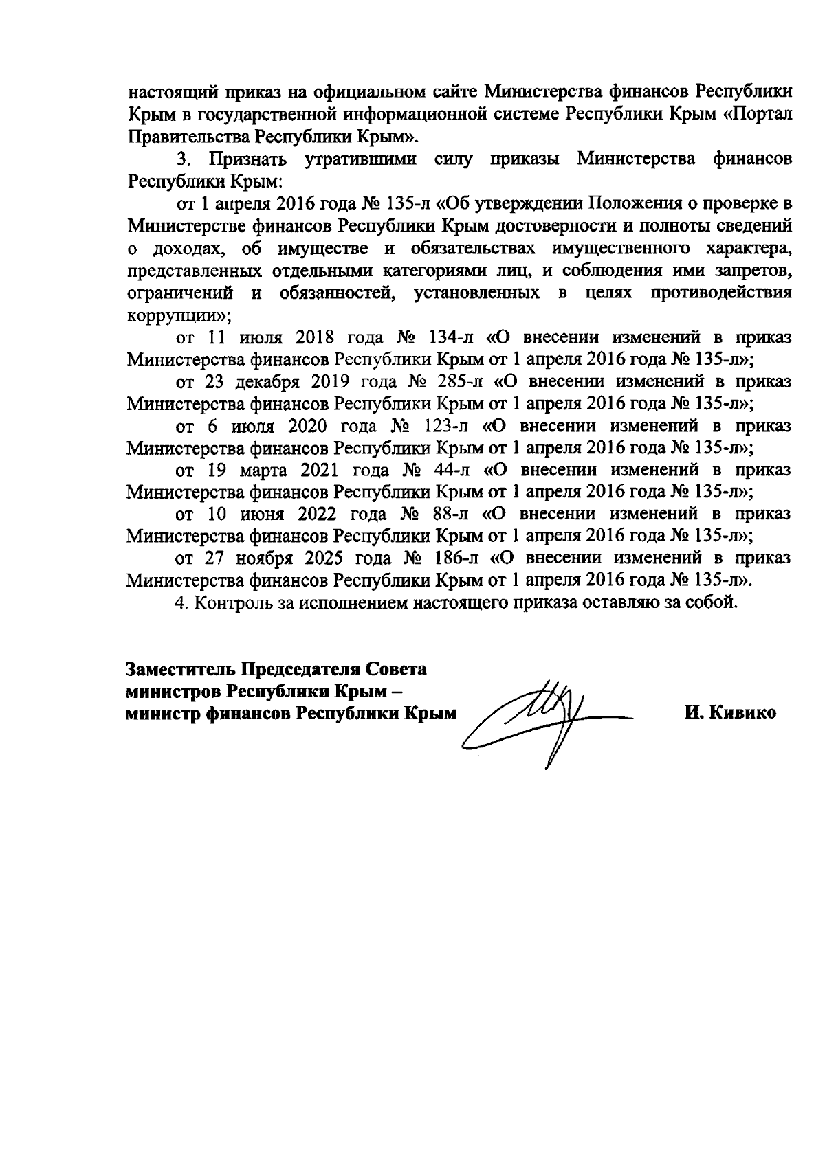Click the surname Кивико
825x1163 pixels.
745,713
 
